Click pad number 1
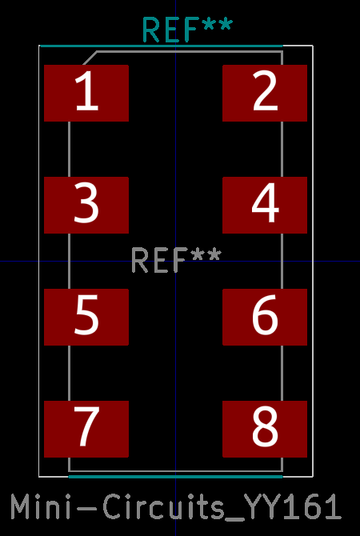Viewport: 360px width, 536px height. (86, 93)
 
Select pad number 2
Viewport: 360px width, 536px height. (265, 93)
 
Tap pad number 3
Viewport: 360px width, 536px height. (86, 205)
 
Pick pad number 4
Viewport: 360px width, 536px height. (265, 205)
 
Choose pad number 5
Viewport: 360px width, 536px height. (86, 317)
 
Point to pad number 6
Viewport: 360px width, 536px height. (265, 317)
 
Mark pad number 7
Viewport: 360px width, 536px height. (86, 429)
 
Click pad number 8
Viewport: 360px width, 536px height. (265, 429)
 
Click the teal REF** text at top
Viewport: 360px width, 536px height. (187, 30)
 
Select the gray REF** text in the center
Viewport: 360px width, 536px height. (177, 261)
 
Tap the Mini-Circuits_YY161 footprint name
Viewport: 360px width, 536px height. (176, 506)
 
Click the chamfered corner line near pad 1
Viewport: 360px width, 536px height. (90, 58)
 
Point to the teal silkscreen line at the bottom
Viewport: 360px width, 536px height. (176, 477)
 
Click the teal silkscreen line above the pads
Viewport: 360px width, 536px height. (161, 46)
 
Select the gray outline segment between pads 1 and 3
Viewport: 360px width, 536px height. (70, 149)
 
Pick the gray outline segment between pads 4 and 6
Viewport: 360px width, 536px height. (282, 261)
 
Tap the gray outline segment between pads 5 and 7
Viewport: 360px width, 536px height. (70, 373)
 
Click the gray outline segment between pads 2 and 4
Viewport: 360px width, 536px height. (282, 149)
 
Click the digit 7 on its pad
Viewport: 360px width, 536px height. (86, 426)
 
